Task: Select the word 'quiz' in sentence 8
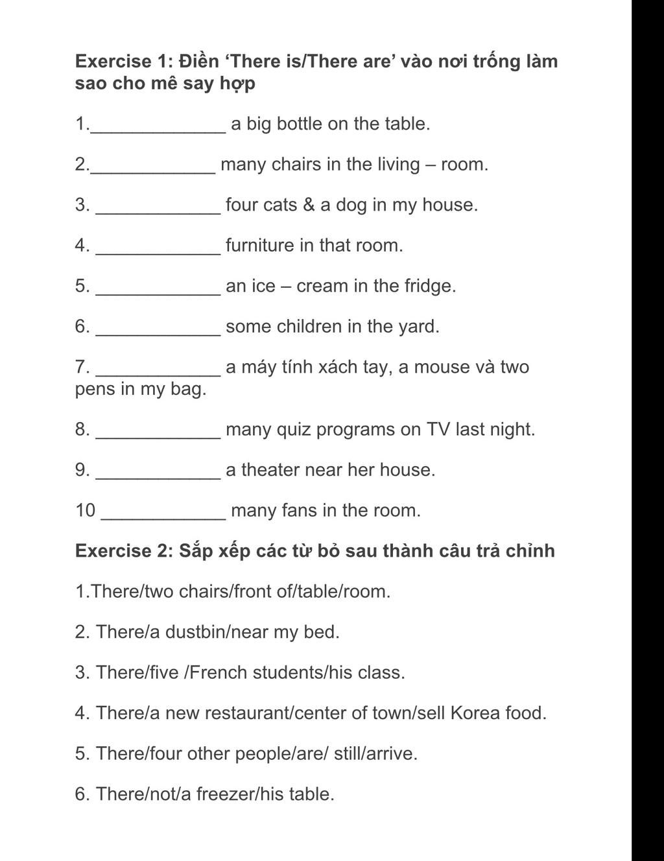[x=297, y=430]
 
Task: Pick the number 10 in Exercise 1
[x=85, y=511]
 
